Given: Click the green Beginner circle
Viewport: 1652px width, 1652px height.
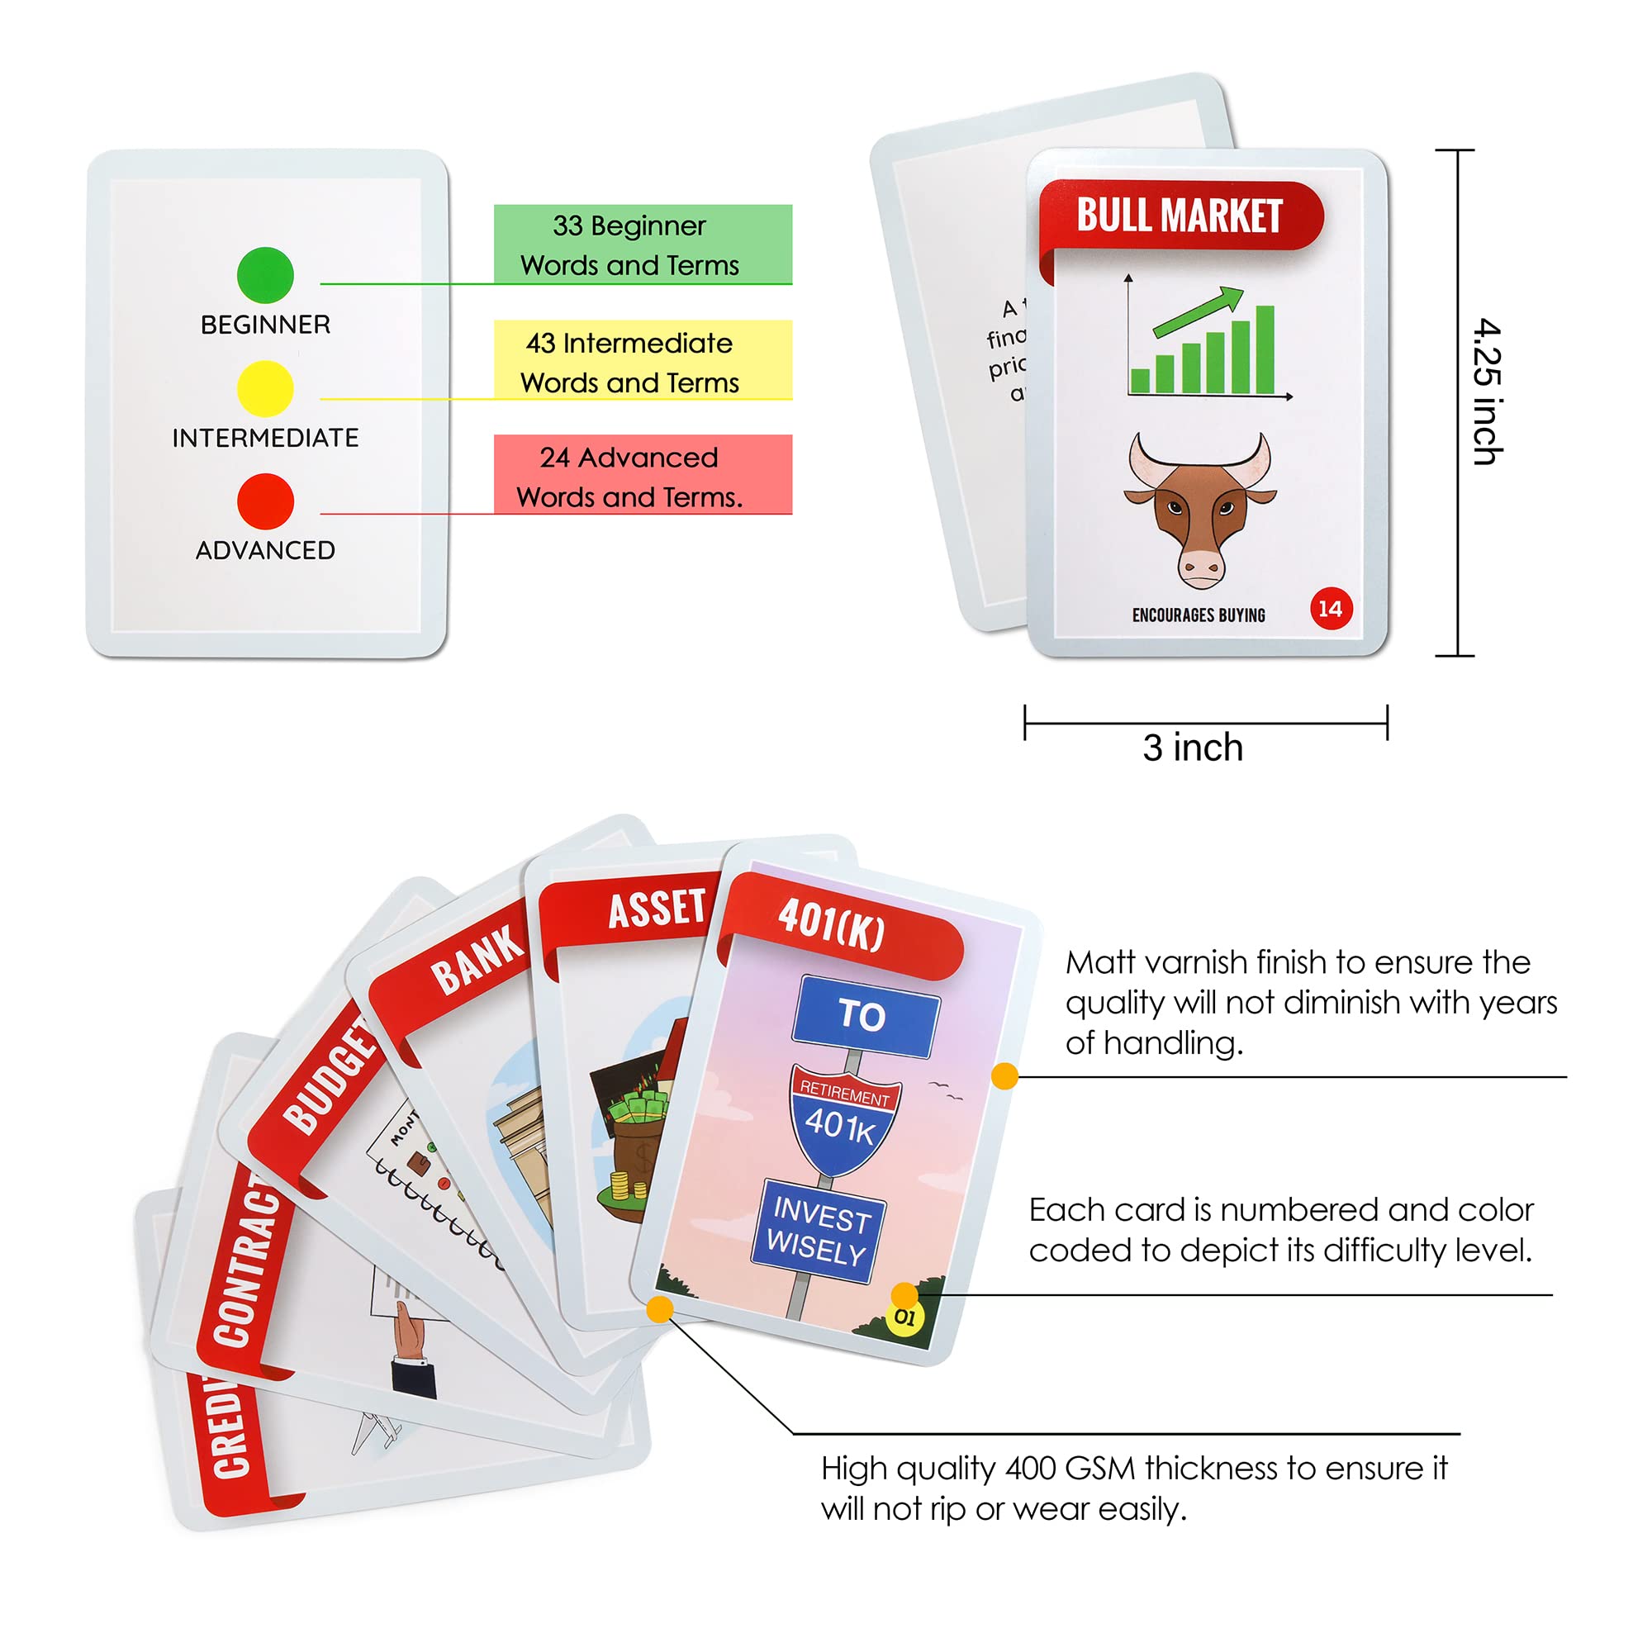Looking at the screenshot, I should pos(265,274).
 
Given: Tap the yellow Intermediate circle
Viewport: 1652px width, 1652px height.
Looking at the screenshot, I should pos(265,388).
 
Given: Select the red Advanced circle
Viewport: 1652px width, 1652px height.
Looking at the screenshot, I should pos(265,501).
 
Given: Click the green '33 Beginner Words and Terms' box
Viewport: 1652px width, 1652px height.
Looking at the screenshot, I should pos(642,244).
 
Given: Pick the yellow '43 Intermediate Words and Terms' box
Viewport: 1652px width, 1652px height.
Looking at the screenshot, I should pos(642,360).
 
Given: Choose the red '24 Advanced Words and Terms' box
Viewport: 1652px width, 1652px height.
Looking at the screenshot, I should pos(642,475).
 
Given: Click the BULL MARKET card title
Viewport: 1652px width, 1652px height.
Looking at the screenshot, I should pos(1180,216).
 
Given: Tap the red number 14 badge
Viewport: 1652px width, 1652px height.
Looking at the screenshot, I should pos(1331,609).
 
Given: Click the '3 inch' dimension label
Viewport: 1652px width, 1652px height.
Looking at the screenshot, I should pos(1192,748).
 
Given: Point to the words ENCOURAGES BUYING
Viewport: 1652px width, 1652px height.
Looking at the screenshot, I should pos(1198,615).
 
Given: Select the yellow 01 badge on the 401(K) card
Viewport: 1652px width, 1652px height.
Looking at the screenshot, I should pos(904,1317).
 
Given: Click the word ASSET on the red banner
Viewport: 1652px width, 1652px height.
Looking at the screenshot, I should pos(657,908).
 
